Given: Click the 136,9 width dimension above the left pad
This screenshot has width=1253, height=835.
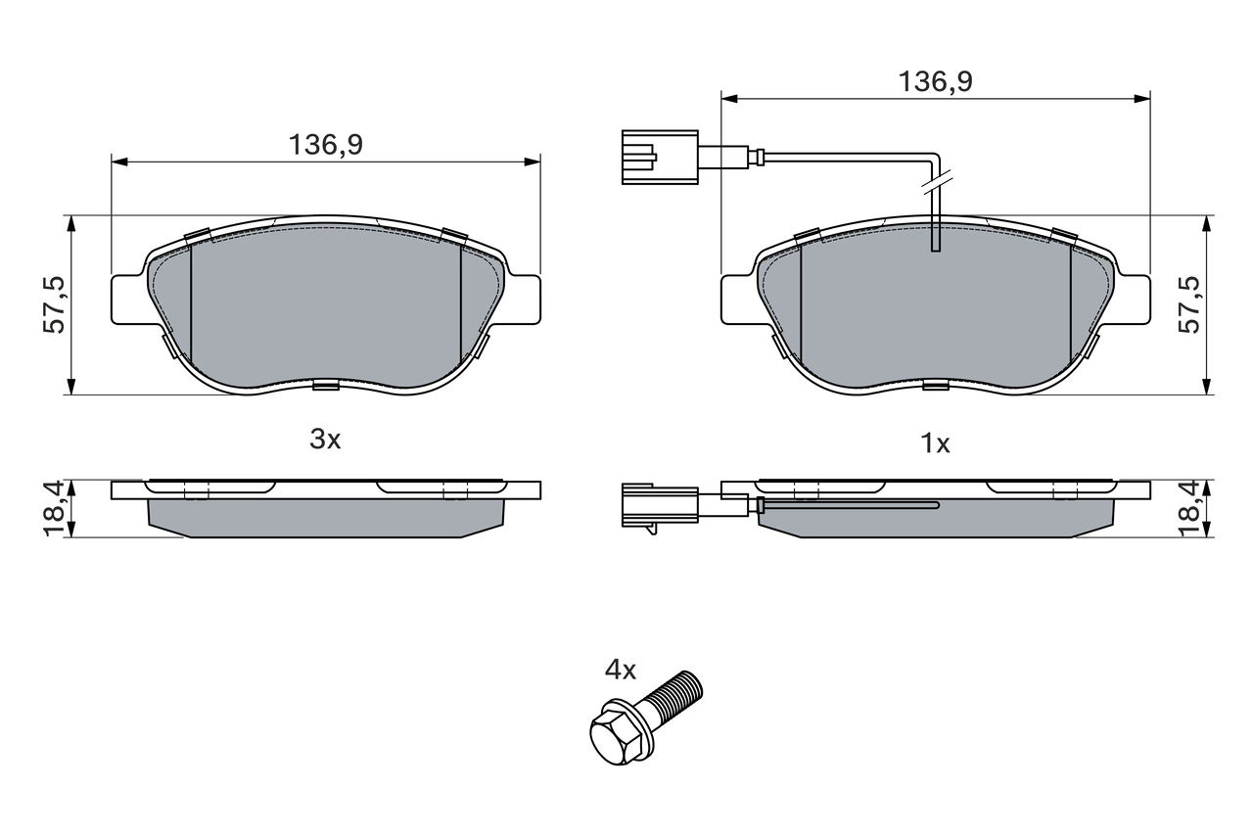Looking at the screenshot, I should pos(325,145).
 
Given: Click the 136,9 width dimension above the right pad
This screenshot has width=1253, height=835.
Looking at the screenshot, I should pos(935,82).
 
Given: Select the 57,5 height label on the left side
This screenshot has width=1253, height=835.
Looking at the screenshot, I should pos(55,304).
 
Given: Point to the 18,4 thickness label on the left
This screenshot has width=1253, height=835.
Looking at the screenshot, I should pos(55,508).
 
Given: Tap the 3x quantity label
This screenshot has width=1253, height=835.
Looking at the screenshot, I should pos(325,440).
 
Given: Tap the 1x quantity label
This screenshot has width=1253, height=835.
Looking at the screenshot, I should pos(935,443).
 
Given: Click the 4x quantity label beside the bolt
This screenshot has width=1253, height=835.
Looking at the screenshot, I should pos(620,671).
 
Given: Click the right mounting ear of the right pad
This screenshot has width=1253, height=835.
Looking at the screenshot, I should pos(1134,299).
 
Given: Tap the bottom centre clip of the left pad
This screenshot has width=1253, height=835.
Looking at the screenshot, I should pos(325,386).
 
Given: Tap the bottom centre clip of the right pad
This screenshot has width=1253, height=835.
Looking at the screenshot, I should pos(935,386).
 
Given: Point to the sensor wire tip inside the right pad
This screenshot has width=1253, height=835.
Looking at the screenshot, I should pos(935,245).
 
